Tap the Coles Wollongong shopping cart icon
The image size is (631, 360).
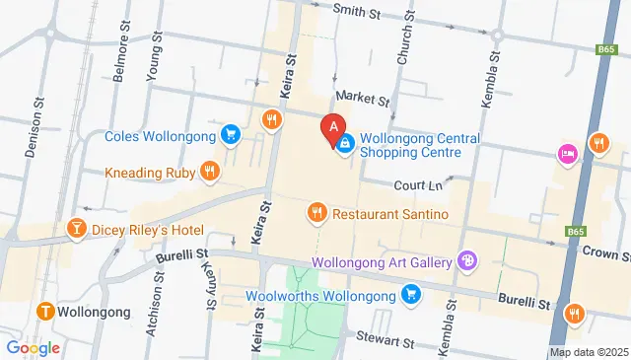(231, 134)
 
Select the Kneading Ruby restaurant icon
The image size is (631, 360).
(209, 172)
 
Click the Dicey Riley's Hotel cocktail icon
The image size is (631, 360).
(76, 230)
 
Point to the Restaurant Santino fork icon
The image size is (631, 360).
(316, 212)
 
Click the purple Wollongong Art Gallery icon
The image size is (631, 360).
(467, 261)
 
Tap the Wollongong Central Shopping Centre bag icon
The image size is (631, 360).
(345, 145)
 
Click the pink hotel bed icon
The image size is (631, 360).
(566, 154)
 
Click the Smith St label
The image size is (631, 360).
(356, 12)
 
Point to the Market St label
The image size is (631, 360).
(363, 99)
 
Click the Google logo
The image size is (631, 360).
(33, 347)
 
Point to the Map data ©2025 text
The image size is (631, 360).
(589, 352)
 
